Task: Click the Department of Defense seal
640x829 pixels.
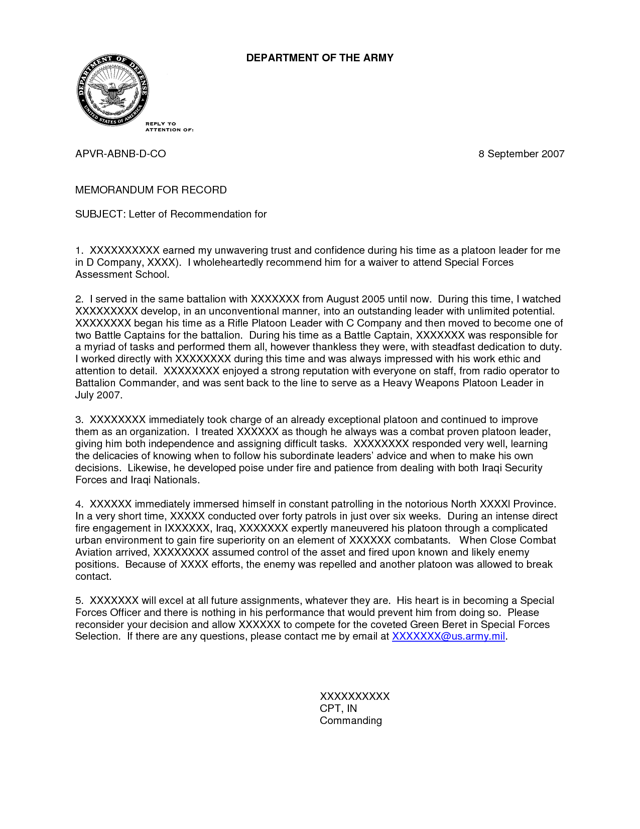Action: pyautogui.click(x=112, y=90)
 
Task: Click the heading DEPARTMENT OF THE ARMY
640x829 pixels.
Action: pyautogui.click(x=319, y=58)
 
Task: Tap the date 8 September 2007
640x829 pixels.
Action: pyautogui.click(x=521, y=154)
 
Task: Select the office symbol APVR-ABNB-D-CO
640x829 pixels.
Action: pyautogui.click(x=120, y=154)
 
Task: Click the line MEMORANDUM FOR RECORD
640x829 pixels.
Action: pyautogui.click(x=151, y=190)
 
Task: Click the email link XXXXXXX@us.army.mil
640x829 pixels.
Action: pyautogui.click(x=448, y=637)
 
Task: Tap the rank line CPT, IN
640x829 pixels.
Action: pyautogui.click(x=338, y=708)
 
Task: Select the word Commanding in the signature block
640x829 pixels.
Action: pyautogui.click(x=350, y=720)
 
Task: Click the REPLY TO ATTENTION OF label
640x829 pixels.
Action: pyautogui.click(x=169, y=127)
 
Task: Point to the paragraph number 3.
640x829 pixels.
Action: pyautogui.click(x=79, y=420)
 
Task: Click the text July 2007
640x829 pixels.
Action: pyautogui.click(x=98, y=395)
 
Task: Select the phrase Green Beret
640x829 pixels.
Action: pyautogui.click(x=439, y=625)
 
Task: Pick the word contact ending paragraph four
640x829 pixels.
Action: pyautogui.click(x=93, y=576)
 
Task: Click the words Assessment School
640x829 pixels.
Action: pyautogui.click(x=122, y=274)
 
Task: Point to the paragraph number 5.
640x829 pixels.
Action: pyautogui.click(x=79, y=600)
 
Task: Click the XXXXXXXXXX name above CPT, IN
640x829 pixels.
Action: pyautogui.click(x=354, y=696)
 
